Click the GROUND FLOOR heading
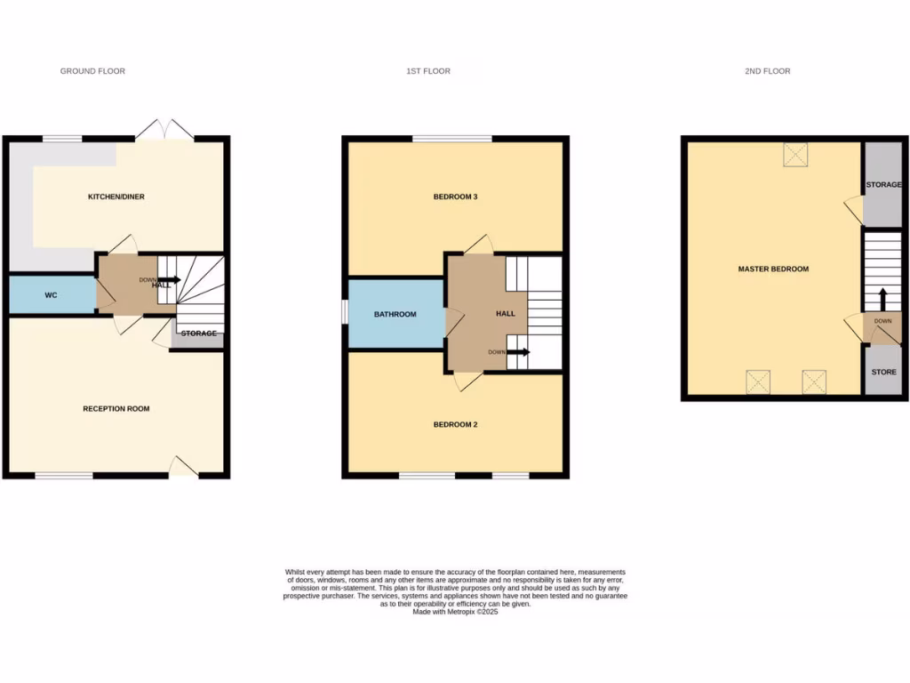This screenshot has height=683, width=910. (x=92, y=71)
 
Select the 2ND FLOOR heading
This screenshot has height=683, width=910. (x=767, y=71)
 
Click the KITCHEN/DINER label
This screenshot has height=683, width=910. (x=116, y=197)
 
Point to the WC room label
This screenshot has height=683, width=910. (x=51, y=294)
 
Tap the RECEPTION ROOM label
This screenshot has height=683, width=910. (x=116, y=409)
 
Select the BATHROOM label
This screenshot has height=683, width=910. (x=395, y=314)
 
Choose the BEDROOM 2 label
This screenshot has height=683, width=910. (x=456, y=424)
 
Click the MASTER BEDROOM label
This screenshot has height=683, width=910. (x=773, y=269)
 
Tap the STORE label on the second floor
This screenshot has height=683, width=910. (x=883, y=372)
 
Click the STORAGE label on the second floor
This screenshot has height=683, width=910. (x=884, y=185)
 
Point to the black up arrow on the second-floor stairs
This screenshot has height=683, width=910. (x=882, y=298)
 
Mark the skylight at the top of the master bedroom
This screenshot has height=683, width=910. (x=794, y=156)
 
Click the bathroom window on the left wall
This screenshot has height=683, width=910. (x=345, y=314)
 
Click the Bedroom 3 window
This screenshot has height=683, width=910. (x=451, y=139)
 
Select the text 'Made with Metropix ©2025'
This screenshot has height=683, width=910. (x=455, y=612)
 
